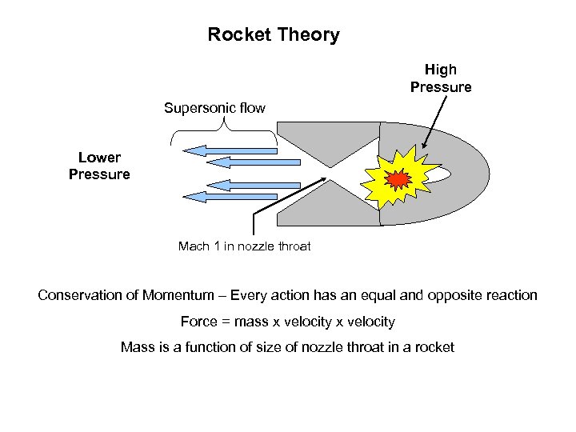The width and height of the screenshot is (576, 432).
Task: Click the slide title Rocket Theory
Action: [274, 35]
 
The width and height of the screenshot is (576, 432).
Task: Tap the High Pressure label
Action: [441, 78]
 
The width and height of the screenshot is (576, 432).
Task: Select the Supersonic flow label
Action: [214, 107]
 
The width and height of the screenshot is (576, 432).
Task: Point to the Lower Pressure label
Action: [99, 166]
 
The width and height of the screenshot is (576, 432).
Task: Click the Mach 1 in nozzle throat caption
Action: [244, 246]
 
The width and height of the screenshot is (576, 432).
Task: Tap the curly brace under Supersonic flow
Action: [224, 128]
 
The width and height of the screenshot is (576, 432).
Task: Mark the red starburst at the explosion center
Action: [398, 178]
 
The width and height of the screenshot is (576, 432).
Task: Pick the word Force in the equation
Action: [199, 322]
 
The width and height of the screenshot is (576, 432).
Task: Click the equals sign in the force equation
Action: [226, 322]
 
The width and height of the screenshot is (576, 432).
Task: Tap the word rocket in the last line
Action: [433, 347]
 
